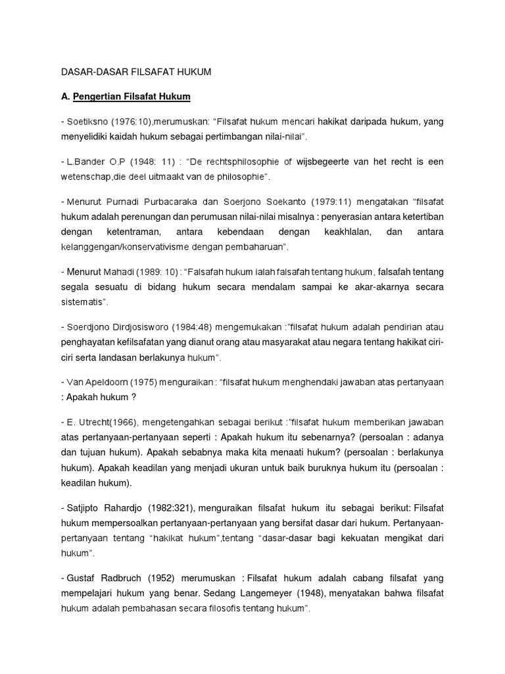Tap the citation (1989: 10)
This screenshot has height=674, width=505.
(158, 272)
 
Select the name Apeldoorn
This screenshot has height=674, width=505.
(108, 382)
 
